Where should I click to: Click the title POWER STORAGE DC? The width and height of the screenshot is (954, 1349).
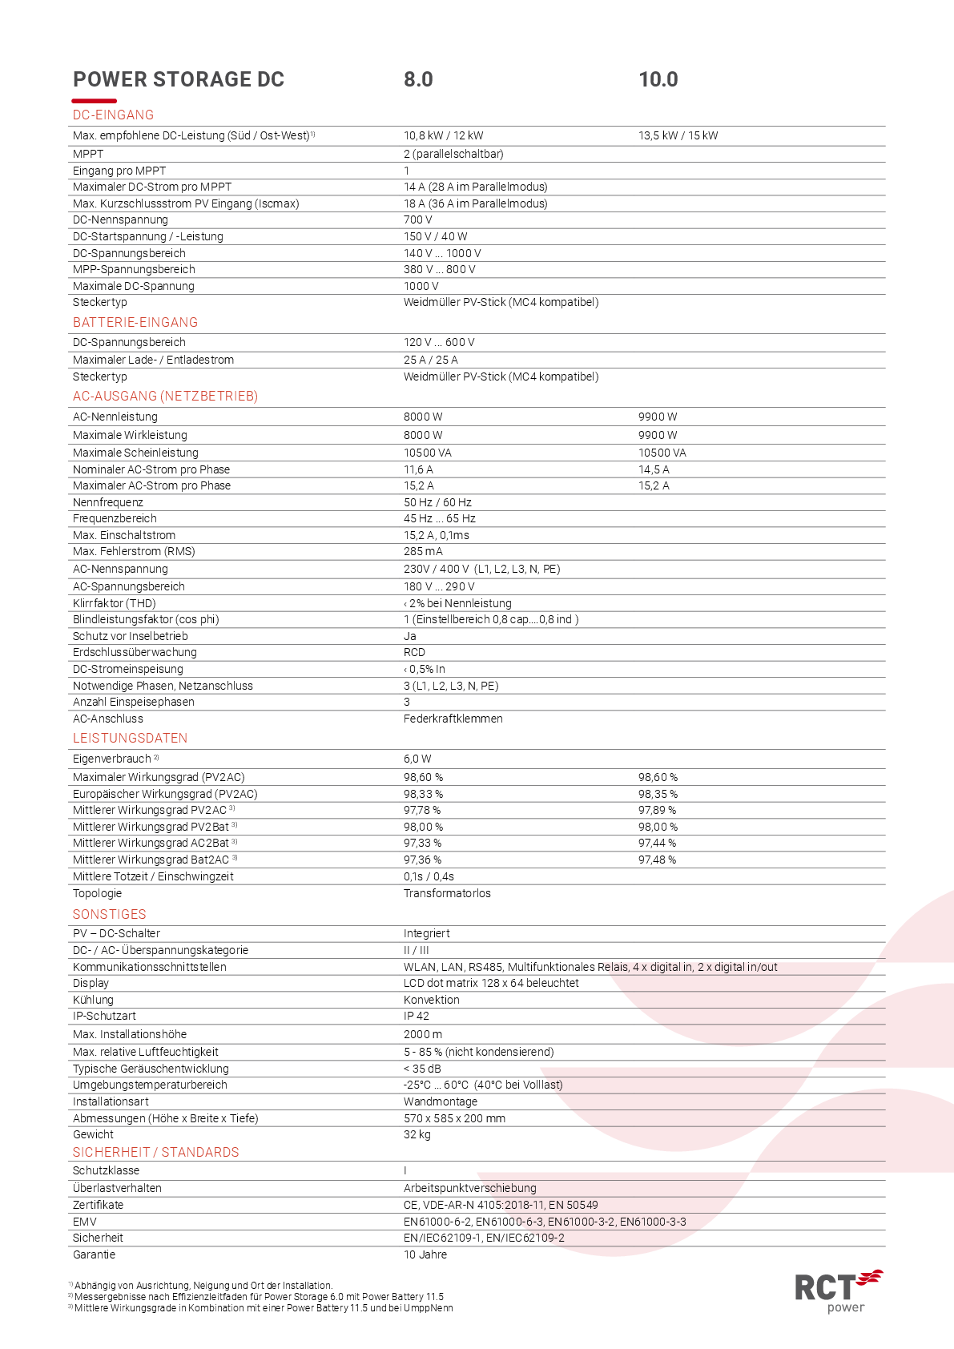pyautogui.click(x=179, y=79)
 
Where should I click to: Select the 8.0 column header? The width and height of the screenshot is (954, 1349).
pyautogui.click(x=418, y=79)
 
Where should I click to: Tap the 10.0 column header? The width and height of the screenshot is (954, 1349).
pyautogui.click(x=658, y=79)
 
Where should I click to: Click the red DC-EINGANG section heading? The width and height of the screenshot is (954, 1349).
pyautogui.click(x=113, y=115)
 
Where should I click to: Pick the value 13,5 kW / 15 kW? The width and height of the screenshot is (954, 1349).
pyautogui.click(x=678, y=135)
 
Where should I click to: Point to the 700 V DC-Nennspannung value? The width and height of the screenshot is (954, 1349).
pyautogui.click(x=417, y=219)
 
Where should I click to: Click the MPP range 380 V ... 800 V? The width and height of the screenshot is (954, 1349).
pyautogui.click(x=439, y=269)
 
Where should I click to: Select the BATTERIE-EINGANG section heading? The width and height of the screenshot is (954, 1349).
pyautogui.click(x=135, y=322)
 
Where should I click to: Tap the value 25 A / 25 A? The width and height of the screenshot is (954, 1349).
pyautogui.click(x=430, y=360)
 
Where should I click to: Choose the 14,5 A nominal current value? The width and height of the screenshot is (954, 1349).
pyautogui.click(x=654, y=469)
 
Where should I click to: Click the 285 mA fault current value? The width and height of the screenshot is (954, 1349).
pyautogui.click(x=423, y=551)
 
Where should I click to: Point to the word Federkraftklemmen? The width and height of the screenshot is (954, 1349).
pyautogui.click(x=453, y=719)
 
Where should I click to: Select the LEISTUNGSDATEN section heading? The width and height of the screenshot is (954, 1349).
pyautogui.click(x=130, y=738)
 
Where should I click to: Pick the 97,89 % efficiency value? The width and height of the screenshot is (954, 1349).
pyautogui.click(x=657, y=810)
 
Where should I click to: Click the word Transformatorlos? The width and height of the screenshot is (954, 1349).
pyautogui.click(x=447, y=893)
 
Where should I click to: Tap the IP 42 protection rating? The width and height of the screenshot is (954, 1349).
pyautogui.click(x=416, y=1016)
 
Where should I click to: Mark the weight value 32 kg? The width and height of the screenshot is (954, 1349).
pyautogui.click(x=417, y=1134)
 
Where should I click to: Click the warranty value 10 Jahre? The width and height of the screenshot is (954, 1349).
pyautogui.click(x=425, y=1254)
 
